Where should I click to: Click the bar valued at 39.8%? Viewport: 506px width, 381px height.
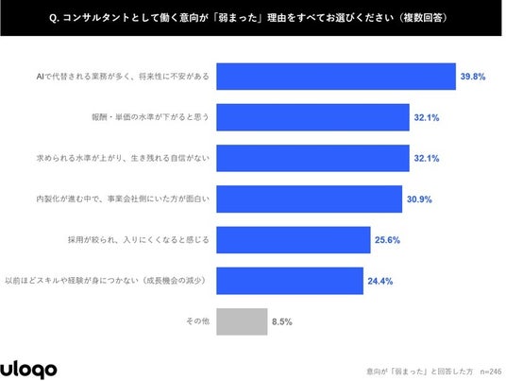pos(336,77)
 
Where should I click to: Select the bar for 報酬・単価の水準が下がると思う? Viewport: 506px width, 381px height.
pos(312,117)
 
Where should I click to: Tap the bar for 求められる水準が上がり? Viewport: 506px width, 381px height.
pos(312,158)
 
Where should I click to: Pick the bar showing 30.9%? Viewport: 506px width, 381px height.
pos(309,199)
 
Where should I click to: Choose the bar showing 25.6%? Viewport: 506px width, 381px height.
pos(294,240)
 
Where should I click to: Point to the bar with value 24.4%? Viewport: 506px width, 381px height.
pos(290,281)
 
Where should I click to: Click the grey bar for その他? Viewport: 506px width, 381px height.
pos(242,321)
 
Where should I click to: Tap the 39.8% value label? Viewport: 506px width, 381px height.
pos(473,77)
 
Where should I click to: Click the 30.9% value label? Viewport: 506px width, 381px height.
pos(419,199)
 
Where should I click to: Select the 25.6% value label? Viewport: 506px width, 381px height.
pos(387,240)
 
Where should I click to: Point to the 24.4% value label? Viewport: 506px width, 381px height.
pos(380,281)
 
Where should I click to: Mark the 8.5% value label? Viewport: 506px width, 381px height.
pos(281,321)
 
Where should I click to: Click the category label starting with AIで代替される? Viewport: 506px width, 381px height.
pos(123,77)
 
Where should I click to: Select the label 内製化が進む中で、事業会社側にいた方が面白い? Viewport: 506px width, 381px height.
pos(123,199)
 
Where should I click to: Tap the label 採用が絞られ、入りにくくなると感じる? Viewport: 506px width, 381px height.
pos(139,240)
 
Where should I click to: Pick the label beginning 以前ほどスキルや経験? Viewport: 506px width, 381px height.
pos(106,281)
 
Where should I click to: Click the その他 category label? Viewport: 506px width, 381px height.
pos(198,321)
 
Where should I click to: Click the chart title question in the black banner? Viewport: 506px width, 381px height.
pos(248,17)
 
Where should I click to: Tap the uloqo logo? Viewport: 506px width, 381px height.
pos(28,369)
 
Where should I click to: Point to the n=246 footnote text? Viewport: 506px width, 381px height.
pos(491,372)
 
